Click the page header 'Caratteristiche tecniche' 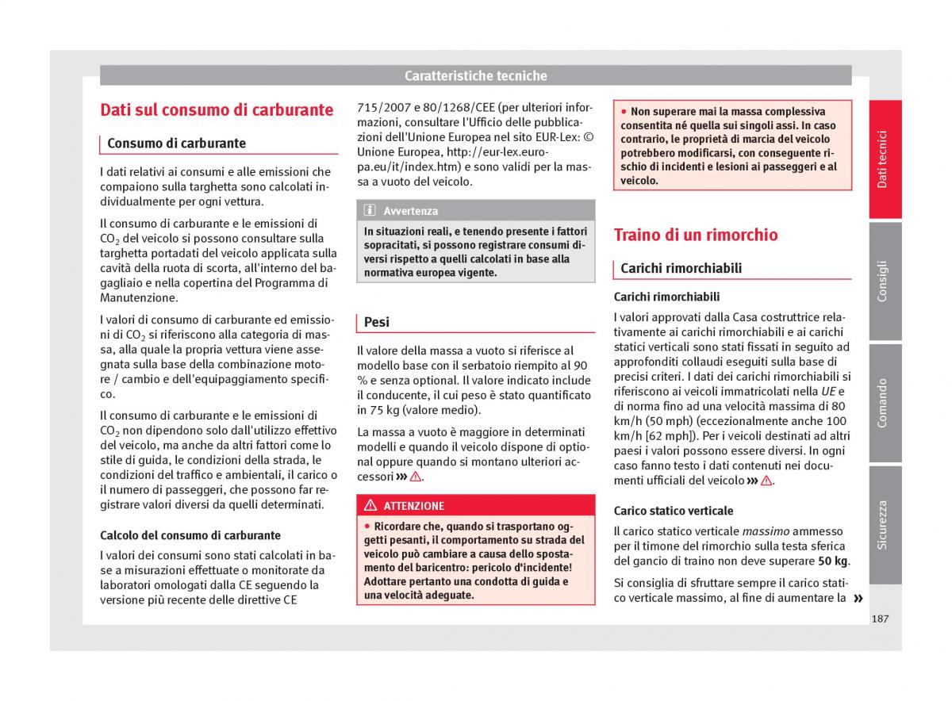pos(475,76)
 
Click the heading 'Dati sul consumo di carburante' pos(217,110)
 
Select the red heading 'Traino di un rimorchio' pos(695,235)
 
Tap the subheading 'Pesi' pos(377,322)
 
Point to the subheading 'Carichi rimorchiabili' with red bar pos(681,268)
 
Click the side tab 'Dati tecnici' pos(883,159)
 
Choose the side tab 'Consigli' pos(883,281)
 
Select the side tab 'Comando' pos(883,403)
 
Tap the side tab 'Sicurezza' pos(883,524)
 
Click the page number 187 pos(879,619)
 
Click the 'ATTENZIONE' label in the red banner pos(413,506)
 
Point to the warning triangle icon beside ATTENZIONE pos(370,506)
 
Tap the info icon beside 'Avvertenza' pos(370,211)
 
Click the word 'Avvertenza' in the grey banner pos(410,211)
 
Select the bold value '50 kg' pos(832,561)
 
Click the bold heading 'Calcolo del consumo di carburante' pos(190,535)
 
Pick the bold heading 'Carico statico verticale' pos(674,511)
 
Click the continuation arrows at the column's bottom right pos(857,598)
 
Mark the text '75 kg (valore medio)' pos(419,410)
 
